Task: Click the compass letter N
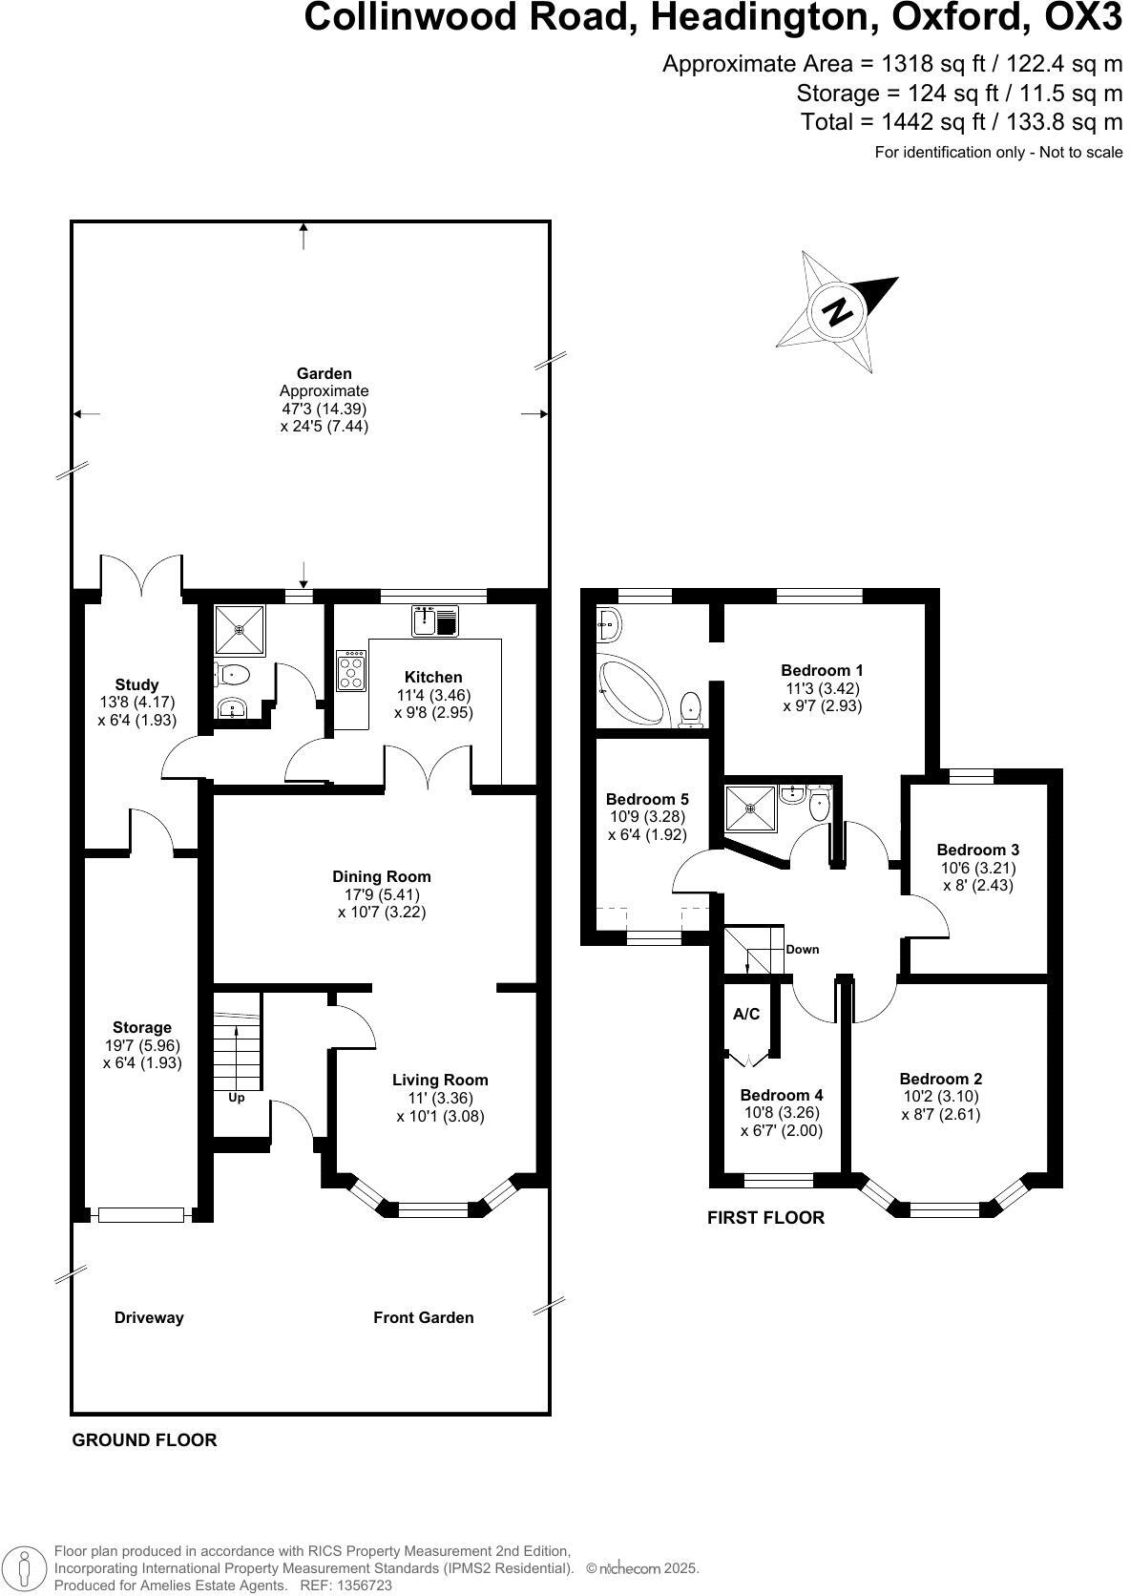[x=837, y=311]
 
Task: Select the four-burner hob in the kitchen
[x=351, y=670]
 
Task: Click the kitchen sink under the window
[x=436, y=621]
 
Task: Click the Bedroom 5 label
[x=647, y=799]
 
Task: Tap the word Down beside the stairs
[x=802, y=949]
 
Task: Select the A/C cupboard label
[x=746, y=1014]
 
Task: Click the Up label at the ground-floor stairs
[x=236, y=1098]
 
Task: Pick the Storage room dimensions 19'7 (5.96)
[x=142, y=1045]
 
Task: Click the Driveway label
[x=149, y=1317]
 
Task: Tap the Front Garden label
[x=423, y=1317]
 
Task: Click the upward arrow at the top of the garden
[x=303, y=235]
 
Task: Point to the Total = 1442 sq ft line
[x=961, y=122]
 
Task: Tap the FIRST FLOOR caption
[x=765, y=1217]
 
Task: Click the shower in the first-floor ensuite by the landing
[x=749, y=807]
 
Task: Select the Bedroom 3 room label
[x=977, y=850]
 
